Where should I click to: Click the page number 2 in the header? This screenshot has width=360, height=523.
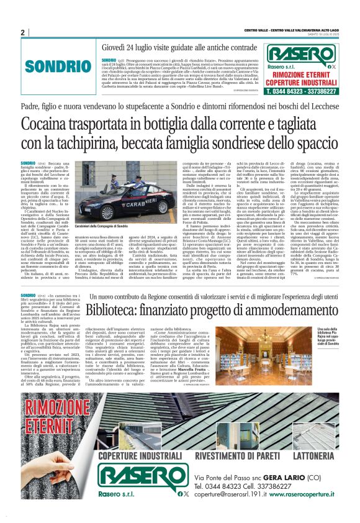(22, 32)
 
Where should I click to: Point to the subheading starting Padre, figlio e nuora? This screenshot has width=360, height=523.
(179, 109)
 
